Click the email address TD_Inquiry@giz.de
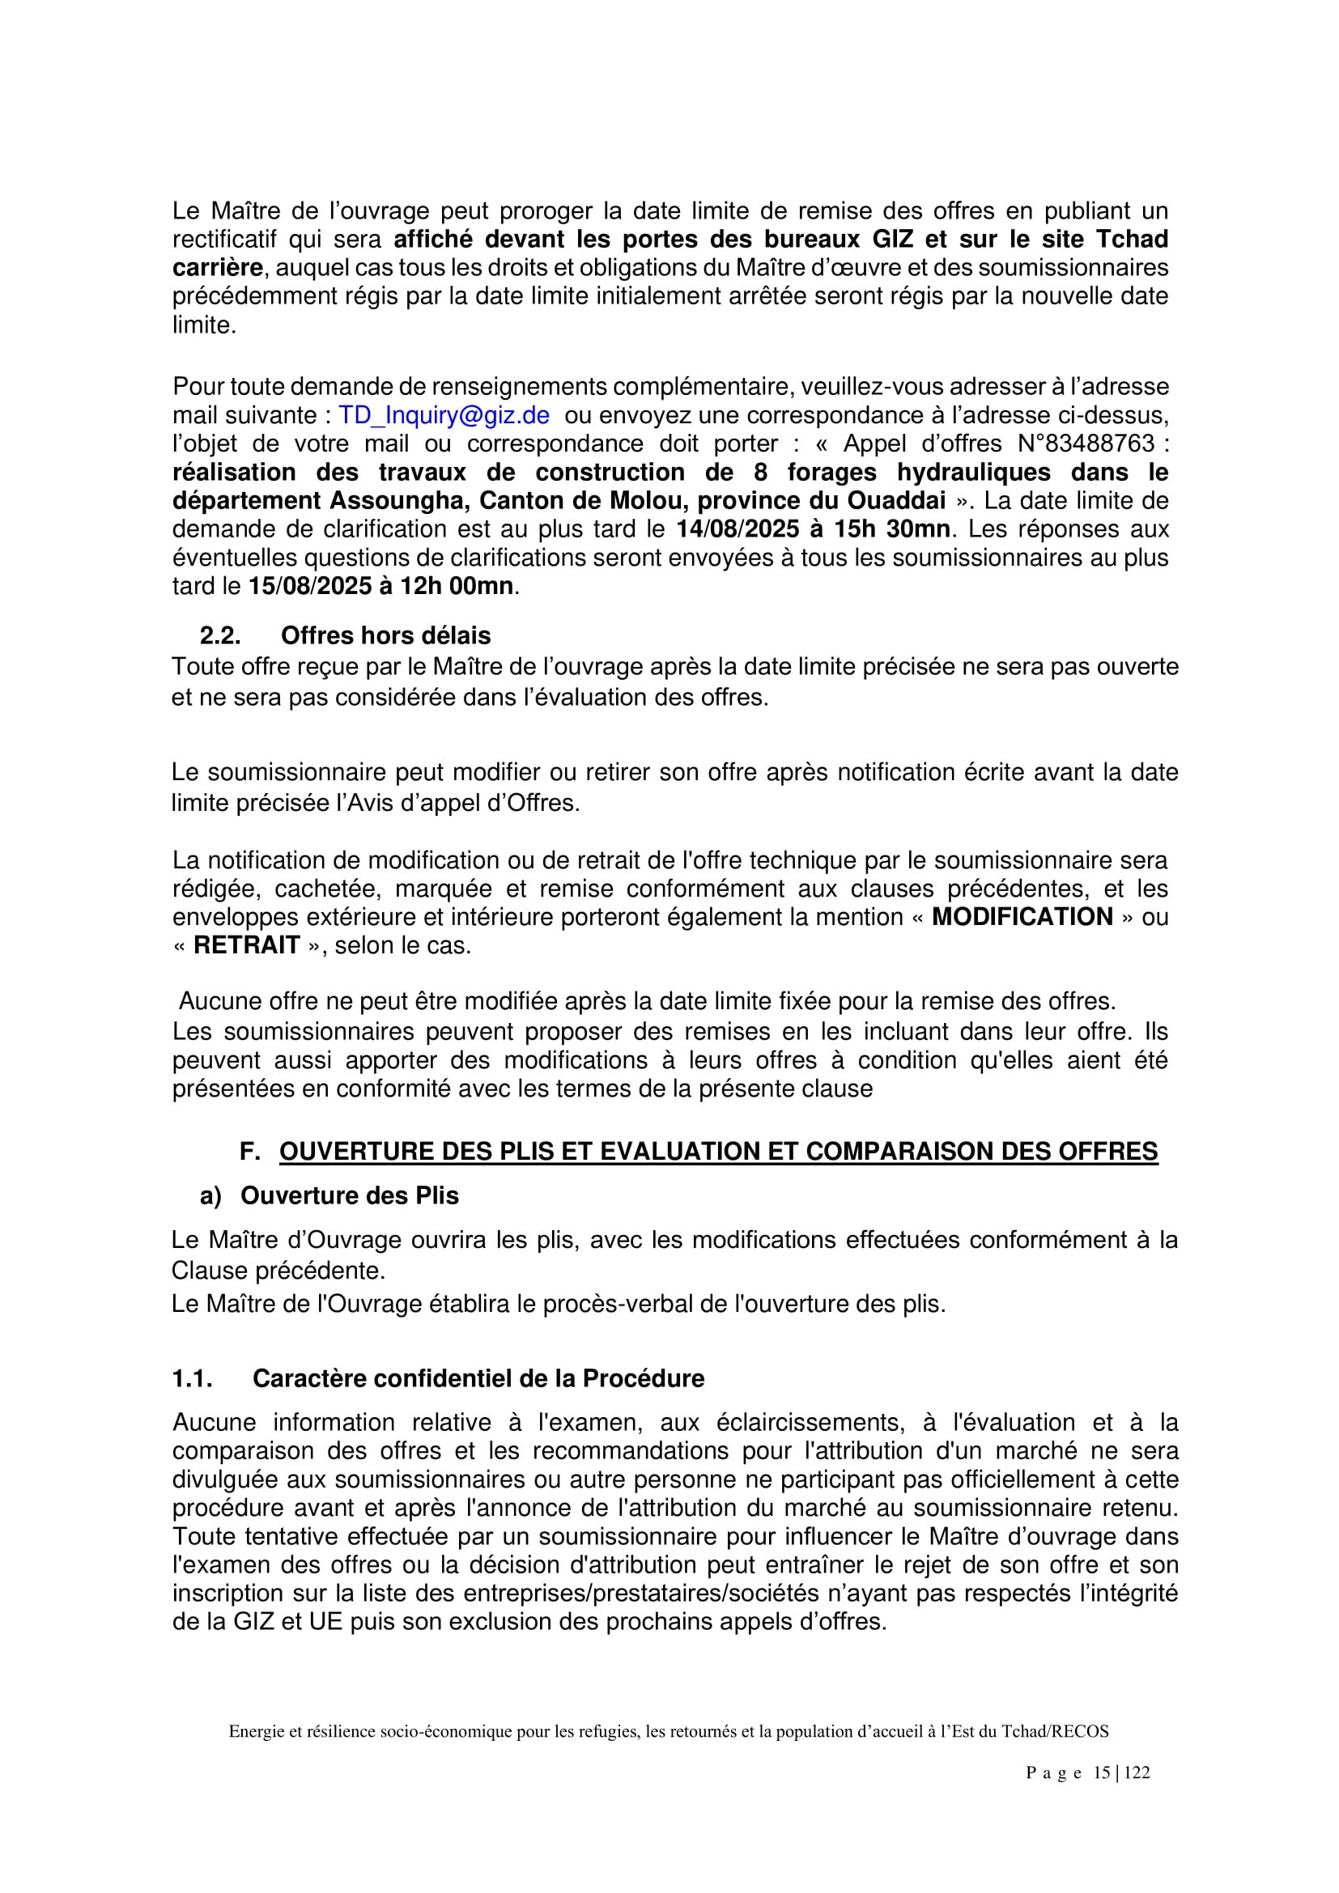444,415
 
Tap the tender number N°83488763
1086,444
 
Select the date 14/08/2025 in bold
738,528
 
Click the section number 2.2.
220,635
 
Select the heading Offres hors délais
385,635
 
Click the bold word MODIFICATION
1022,917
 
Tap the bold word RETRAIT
246,944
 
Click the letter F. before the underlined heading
250,1152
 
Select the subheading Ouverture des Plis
349,1195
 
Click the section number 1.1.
192,1378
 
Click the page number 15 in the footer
1102,1772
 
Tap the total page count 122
1136,1772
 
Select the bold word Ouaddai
897,500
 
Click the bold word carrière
218,268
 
